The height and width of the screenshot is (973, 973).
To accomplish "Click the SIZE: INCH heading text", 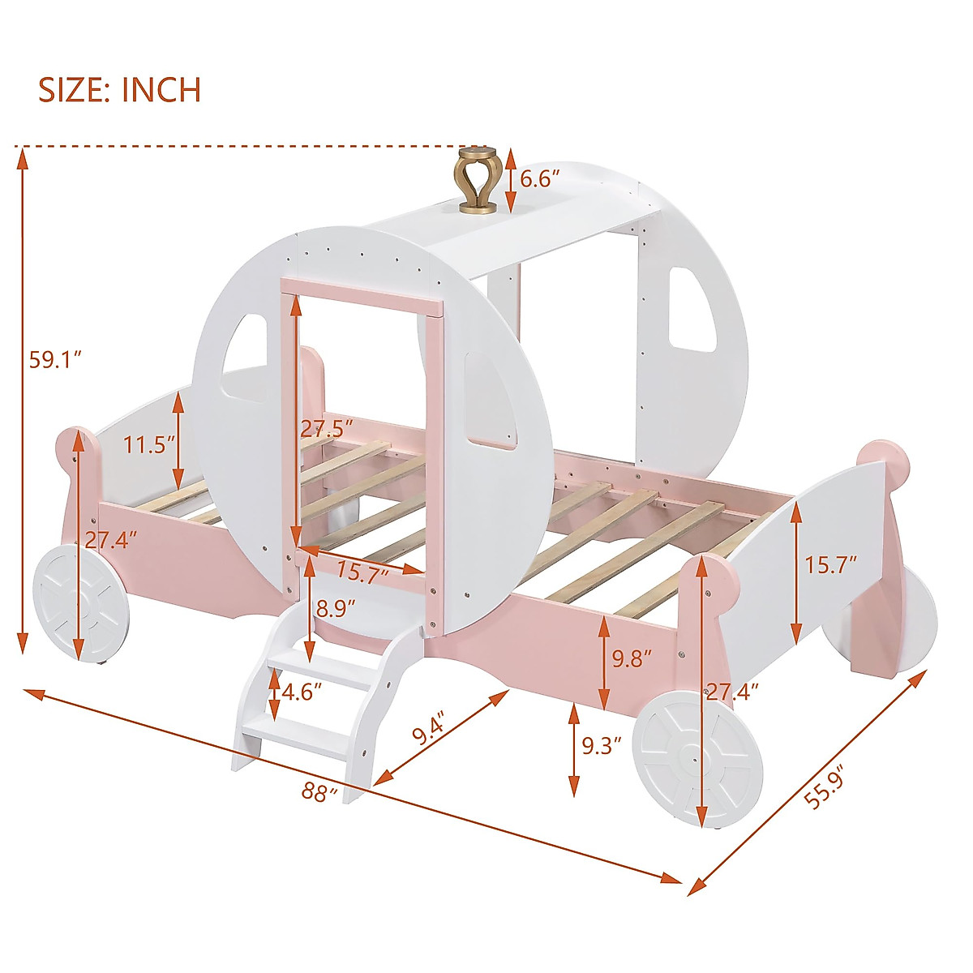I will coord(120,89).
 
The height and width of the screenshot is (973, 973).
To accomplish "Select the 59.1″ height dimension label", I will coord(56,359).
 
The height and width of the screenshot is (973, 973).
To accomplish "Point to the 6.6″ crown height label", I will coord(541,180).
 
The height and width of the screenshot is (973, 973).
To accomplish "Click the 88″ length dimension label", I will coord(319,791).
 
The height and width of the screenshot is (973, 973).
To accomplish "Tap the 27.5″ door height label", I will coord(328,427).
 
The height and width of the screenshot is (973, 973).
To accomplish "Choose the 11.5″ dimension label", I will coord(150,444).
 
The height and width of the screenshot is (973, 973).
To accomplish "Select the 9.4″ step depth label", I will coord(430,729).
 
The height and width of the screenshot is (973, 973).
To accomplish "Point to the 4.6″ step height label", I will coord(302,692).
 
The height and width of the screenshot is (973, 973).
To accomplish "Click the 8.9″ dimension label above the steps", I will coord(336,608).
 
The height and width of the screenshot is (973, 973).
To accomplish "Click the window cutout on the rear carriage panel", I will coord(692,310).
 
